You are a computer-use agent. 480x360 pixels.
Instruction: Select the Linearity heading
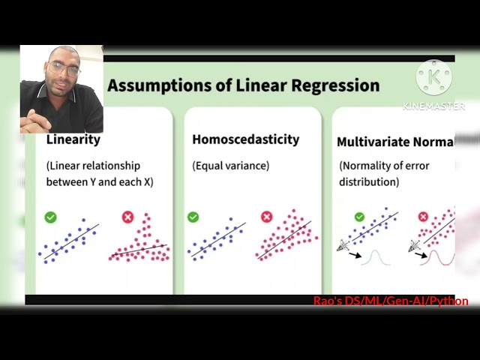tap(73, 139)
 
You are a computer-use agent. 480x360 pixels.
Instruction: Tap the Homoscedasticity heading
tap(245, 139)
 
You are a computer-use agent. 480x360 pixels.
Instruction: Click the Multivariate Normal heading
tap(395, 142)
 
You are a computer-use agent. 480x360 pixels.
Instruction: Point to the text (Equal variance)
tap(230, 165)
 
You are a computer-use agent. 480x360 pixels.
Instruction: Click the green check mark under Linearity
tap(50, 217)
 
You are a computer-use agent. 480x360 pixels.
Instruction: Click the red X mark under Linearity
tap(127, 217)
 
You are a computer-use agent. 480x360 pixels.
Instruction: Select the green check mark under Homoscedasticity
tap(193, 217)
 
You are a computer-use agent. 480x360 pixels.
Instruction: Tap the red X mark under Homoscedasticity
tap(266, 217)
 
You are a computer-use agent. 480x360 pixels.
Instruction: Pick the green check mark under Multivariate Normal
tap(359, 217)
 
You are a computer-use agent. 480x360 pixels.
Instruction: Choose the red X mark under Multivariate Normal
tap(423, 217)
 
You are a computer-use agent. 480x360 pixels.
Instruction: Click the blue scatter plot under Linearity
tap(68, 241)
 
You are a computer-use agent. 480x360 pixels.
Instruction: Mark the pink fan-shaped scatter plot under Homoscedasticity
tap(287, 236)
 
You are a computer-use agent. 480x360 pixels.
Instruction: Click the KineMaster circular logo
tap(434, 78)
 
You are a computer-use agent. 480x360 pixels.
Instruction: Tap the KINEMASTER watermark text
tap(433, 106)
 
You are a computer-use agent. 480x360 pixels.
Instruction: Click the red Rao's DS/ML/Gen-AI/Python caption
tap(391, 301)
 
